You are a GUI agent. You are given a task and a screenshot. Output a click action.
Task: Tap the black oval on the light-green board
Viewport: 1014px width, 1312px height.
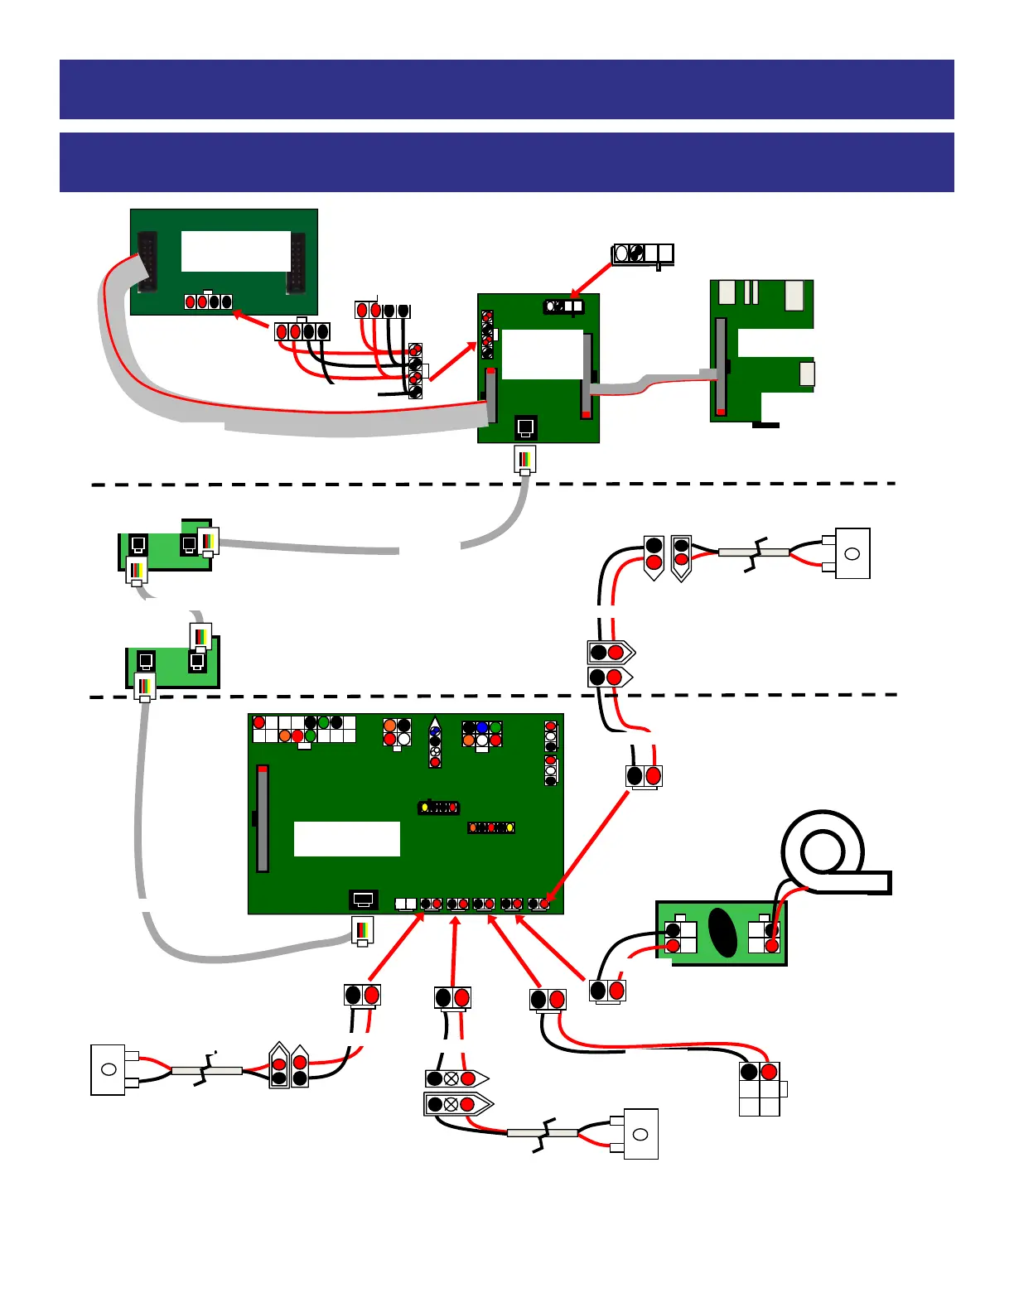pyautogui.click(x=723, y=933)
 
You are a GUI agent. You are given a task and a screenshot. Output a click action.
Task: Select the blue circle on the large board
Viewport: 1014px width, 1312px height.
pyautogui.click(x=482, y=727)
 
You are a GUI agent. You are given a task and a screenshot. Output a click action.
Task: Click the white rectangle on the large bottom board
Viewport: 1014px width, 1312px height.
pyautogui.click(x=347, y=839)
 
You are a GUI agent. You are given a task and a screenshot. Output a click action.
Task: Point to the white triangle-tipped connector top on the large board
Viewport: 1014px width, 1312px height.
pyautogui.click(x=435, y=723)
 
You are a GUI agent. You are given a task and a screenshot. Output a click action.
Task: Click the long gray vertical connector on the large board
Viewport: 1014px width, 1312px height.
pyautogui.click(x=263, y=818)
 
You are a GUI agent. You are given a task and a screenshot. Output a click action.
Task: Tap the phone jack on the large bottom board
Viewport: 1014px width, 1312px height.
pyautogui.click(x=363, y=900)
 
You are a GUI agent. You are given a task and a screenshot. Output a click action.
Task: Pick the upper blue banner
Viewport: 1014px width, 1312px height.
pyautogui.click(x=507, y=89)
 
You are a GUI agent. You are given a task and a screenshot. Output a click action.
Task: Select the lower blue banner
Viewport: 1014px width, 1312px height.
pyautogui.click(x=507, y=162)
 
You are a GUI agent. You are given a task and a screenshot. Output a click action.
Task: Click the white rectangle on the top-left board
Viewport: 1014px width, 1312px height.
pyautogui.click(x=236, y=251)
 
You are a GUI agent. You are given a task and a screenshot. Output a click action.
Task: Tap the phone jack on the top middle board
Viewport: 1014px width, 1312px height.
pyautogui.click(x=525, y=427)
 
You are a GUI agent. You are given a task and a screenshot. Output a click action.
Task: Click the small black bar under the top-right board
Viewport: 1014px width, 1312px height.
pyautogui.click(x=765, y=425)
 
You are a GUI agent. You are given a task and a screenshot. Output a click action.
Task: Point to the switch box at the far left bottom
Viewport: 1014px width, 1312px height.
pyautogui.click(x=108, y=1070)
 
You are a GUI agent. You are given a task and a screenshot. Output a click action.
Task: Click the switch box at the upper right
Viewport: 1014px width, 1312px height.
pyautogui.click(x=852, y=553)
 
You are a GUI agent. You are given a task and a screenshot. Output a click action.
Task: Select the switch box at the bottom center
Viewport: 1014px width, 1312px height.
pyautogui.click(x=640, y=1134)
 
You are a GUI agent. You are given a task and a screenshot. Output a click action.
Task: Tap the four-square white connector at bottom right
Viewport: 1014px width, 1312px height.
pyautogui.click(x=760, y=1089)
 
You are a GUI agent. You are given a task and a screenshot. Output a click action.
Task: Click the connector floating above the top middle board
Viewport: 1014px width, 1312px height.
pyautogui.click(x=643, y=253)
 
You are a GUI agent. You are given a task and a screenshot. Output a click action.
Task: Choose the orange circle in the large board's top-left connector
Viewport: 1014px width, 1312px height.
pyautogui.click(x=285, y=736)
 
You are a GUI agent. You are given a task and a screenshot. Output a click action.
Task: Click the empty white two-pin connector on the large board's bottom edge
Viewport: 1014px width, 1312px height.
pyautogui.click(x=406, y=904)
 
